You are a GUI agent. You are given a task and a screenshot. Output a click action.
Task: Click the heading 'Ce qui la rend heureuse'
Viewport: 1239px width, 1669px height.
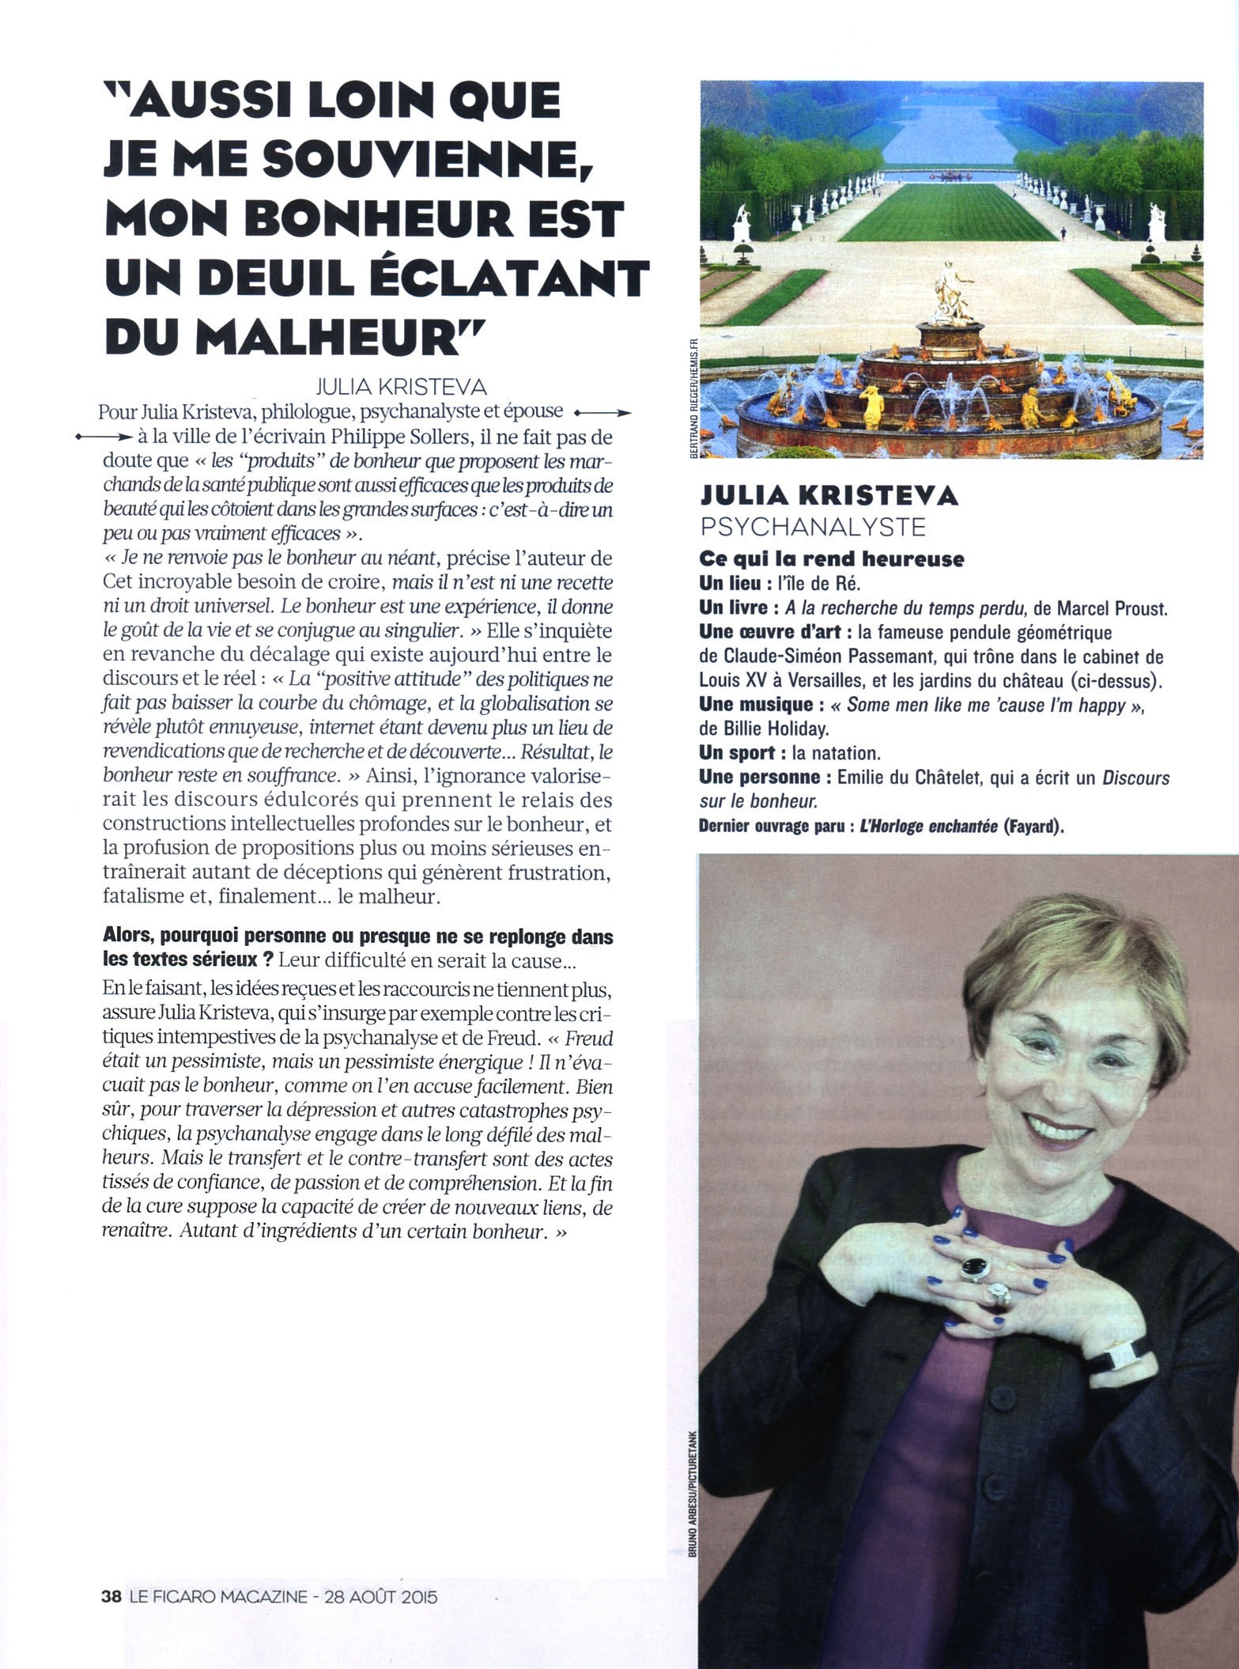832,559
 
